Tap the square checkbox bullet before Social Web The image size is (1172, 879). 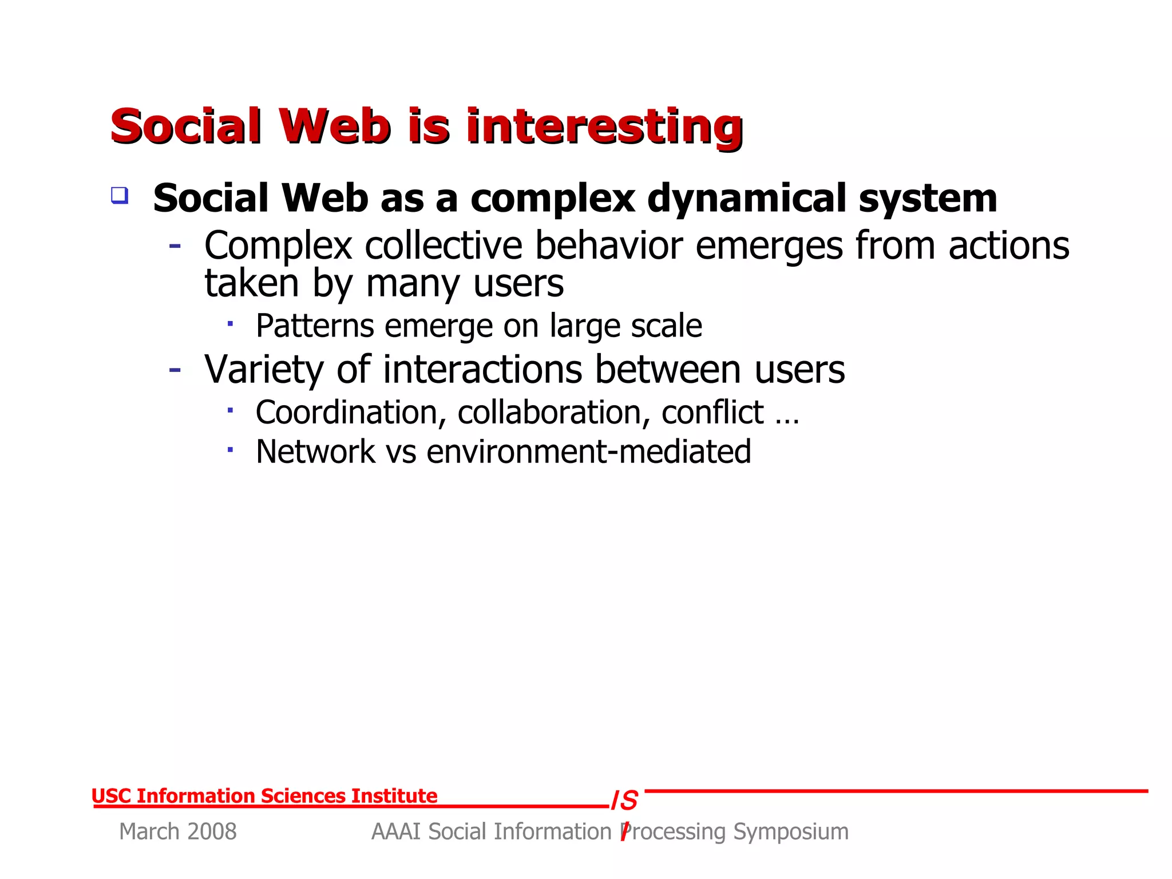coord(119,196)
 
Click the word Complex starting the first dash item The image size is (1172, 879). coord(278,246)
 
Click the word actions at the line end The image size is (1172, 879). coord(1008,246)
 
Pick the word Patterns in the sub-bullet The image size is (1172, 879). coord(315,326)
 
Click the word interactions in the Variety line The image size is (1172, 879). coord(482,370)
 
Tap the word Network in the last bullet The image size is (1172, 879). coord(315,452)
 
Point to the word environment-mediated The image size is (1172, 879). coord(588,452)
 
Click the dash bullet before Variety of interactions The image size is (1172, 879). coord(175,370)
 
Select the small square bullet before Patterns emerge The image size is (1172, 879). coord(230,324)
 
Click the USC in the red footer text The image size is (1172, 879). coord(111,796)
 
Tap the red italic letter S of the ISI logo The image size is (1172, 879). coord(629,801)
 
